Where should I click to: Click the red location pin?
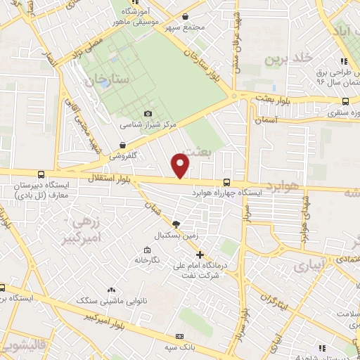[x=181, y=166]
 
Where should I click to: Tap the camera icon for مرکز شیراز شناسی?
[x=148, y=113]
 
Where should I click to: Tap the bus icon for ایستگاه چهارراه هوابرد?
[x=226, y=180]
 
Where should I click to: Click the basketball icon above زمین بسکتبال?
[x=176, y=223]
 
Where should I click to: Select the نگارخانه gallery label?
[x=148, y=260]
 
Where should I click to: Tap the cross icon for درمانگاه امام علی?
[x=200, y=255]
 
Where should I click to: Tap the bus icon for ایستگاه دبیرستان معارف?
[x=41, y=174]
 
